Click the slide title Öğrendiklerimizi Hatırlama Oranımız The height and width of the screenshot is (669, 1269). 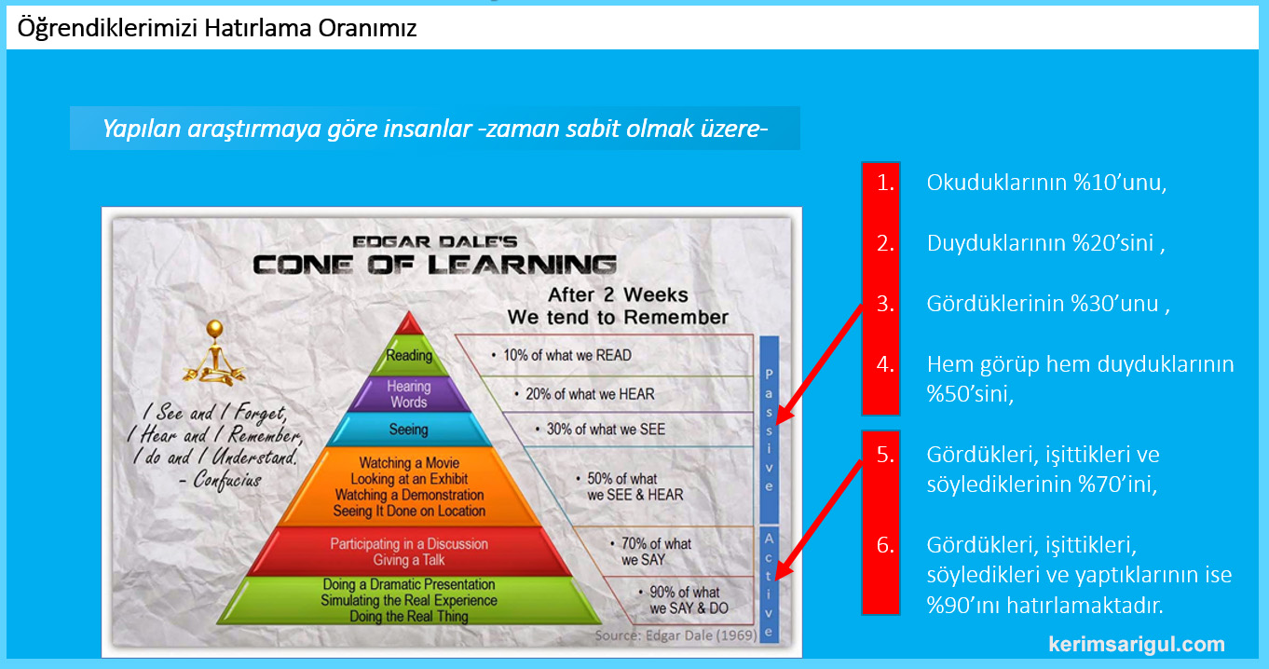(217, 28)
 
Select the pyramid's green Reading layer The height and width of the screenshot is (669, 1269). (409, 356)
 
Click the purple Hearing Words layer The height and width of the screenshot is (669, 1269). (409, 394)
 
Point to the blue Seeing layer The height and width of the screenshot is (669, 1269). (409, 430)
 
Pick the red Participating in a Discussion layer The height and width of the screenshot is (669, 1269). (409, 552)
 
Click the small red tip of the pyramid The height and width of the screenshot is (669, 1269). (409, 324)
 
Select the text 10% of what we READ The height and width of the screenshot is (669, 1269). (567, 355)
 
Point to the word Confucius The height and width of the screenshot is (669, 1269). (226, 481)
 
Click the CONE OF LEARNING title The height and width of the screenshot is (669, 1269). (434, 266)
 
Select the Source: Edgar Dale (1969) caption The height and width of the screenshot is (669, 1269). (675, 635)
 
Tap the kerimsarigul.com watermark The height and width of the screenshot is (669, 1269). (1137, 644)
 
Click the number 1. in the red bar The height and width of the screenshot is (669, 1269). (885, 183)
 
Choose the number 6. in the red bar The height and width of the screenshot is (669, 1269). (885, 545)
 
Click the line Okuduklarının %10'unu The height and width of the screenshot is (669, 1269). (1046, 183)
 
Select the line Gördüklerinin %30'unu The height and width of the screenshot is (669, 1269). (1048, 304)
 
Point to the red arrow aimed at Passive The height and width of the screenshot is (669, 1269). (819, 364)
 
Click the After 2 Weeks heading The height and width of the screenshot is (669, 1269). (618, 295)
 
